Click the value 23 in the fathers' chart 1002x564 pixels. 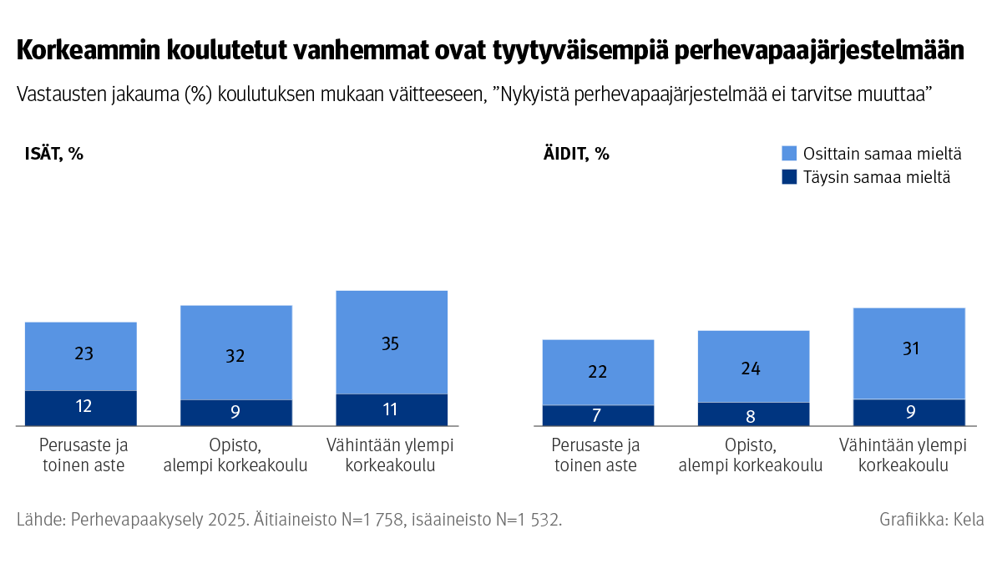click(x=83, y=354)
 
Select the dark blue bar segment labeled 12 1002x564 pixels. click(x=81, y=408)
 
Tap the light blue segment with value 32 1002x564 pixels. click(x=235, y=355)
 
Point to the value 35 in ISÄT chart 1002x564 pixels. click(x=391, y=343)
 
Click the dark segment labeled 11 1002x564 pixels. click(x=391, y=409)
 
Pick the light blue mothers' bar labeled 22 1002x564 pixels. click(x=598, y=372)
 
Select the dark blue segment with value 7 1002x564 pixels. click(x=598, y=415)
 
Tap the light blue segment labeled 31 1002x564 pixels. click(x=909, y=349)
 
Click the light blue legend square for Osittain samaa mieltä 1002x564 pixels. click(x=789, y=154)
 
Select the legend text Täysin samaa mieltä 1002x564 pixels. click(x=876, y=177)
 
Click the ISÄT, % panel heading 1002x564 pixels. click(x=53, y=154)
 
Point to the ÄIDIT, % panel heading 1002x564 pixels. click(x=576, y=154)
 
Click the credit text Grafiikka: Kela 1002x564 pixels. click(x=931, y=519)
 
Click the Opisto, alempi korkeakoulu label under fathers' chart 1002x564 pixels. click(x=235, y=455)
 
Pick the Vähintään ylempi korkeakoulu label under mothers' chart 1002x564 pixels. click(x=909, y=455)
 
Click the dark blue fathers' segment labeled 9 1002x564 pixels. click(x=235, y=413)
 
